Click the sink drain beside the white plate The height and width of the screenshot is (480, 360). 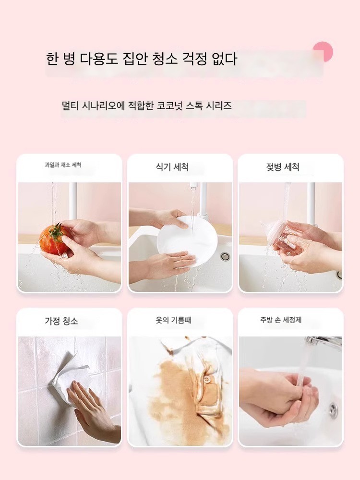point(225,256)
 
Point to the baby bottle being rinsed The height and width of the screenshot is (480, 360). point(286,238)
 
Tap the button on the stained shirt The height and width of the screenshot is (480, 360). point(208,380)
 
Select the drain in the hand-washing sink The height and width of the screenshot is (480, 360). point(333,408)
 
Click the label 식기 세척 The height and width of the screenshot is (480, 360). point(172,167)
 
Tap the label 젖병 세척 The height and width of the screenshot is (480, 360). point(283,167)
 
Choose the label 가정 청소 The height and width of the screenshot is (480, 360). point(61,321)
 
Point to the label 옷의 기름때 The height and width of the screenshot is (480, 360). point(173,320)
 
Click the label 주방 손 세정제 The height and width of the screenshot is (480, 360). point(281,320)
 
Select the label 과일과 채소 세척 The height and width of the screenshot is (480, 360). point(63,165)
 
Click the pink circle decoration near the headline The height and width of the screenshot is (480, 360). point(323,51)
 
